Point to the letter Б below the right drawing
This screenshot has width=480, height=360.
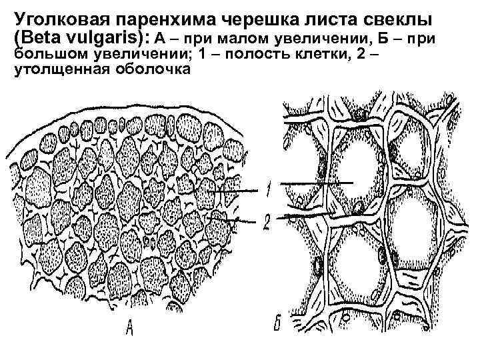[279, 325]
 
